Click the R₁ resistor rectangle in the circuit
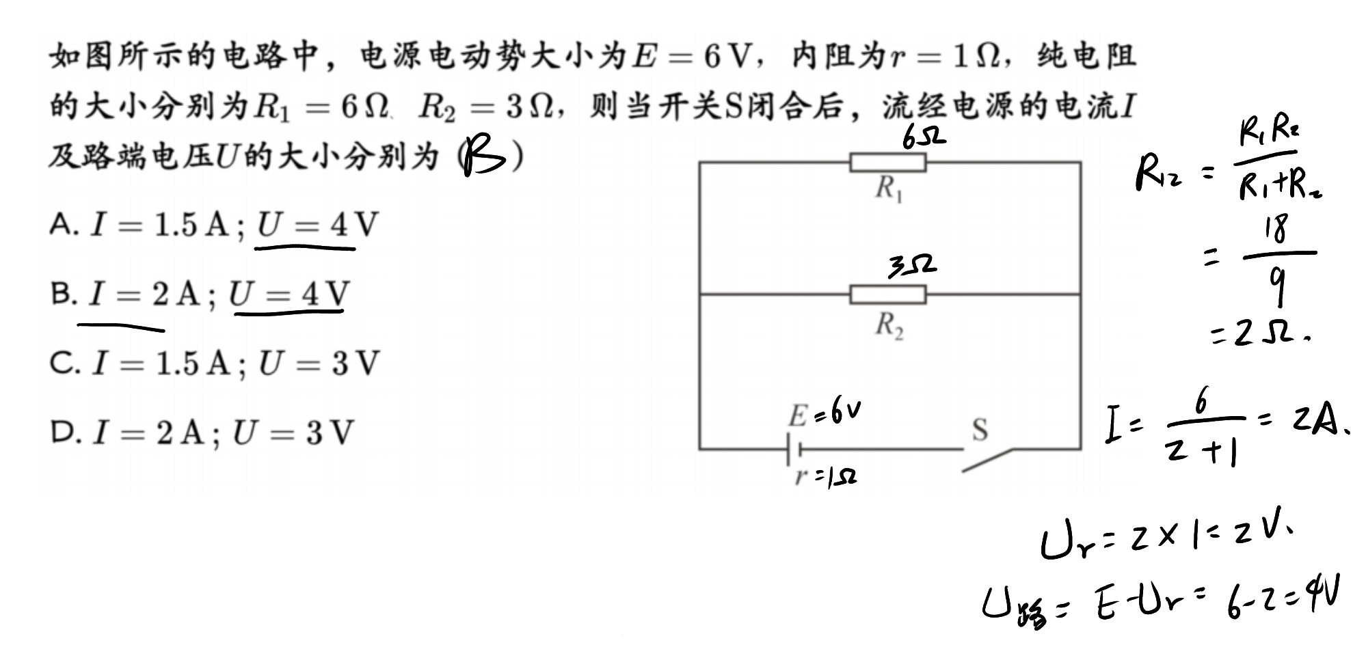click(888, 163)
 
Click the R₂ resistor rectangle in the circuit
click(888, 294)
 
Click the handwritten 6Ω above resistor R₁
click(923, 137)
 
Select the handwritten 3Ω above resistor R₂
click(913, 266)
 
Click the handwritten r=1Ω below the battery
click(826, 476)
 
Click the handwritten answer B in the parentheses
click(483, 157)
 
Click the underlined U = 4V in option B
click(289, 294)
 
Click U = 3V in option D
click(293, 432)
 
